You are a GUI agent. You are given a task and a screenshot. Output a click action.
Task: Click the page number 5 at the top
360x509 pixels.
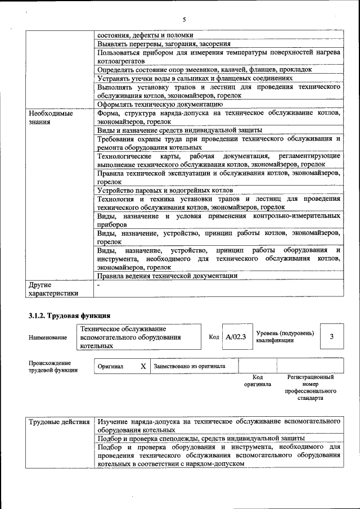tap(183, 19)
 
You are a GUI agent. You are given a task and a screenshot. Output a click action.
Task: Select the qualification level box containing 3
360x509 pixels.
tap(331, 336)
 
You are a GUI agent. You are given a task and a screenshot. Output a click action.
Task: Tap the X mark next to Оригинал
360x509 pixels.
tap(143, 366)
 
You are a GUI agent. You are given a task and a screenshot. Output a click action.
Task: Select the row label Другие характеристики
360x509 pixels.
tap(53, 289)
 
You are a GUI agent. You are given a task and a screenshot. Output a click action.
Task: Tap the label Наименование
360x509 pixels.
tap(47, 337)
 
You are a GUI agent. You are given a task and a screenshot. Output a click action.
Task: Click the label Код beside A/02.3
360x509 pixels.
tap(214, 337)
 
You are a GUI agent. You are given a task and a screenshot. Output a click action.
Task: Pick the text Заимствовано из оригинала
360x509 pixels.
tap(190, 366)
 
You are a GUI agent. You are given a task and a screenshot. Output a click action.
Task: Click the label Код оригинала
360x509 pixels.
tap(258, 381)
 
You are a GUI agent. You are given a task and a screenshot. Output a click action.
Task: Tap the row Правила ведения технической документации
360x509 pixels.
tap(167, 276)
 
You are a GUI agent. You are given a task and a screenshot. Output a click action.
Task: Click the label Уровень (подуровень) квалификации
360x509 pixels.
tap(285, 337)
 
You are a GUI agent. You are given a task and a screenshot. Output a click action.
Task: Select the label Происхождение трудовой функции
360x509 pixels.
tap(50, 366)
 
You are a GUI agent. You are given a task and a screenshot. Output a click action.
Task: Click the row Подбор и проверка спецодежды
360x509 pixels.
tap(201, 438)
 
